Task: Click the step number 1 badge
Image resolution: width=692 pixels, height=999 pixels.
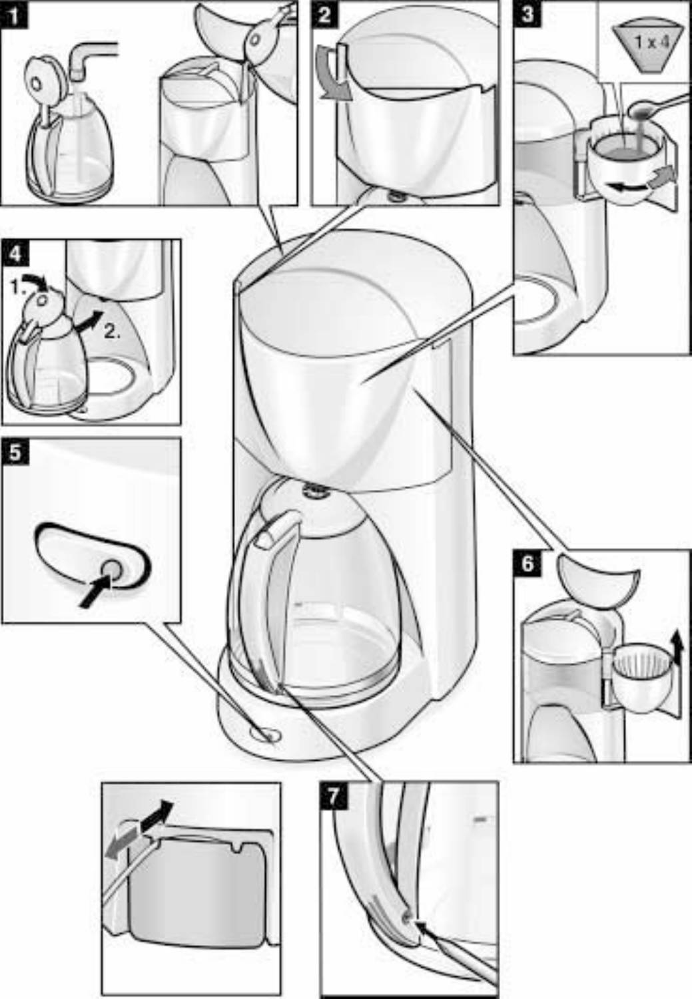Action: coord(15,14)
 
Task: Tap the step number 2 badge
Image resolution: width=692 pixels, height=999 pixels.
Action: coord(324,14)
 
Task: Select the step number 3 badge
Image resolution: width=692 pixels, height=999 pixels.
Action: coord(527,14)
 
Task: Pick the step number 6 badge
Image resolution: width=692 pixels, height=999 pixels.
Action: coord(527,563)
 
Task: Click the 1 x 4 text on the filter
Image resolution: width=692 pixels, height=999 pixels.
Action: coord(652,43)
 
